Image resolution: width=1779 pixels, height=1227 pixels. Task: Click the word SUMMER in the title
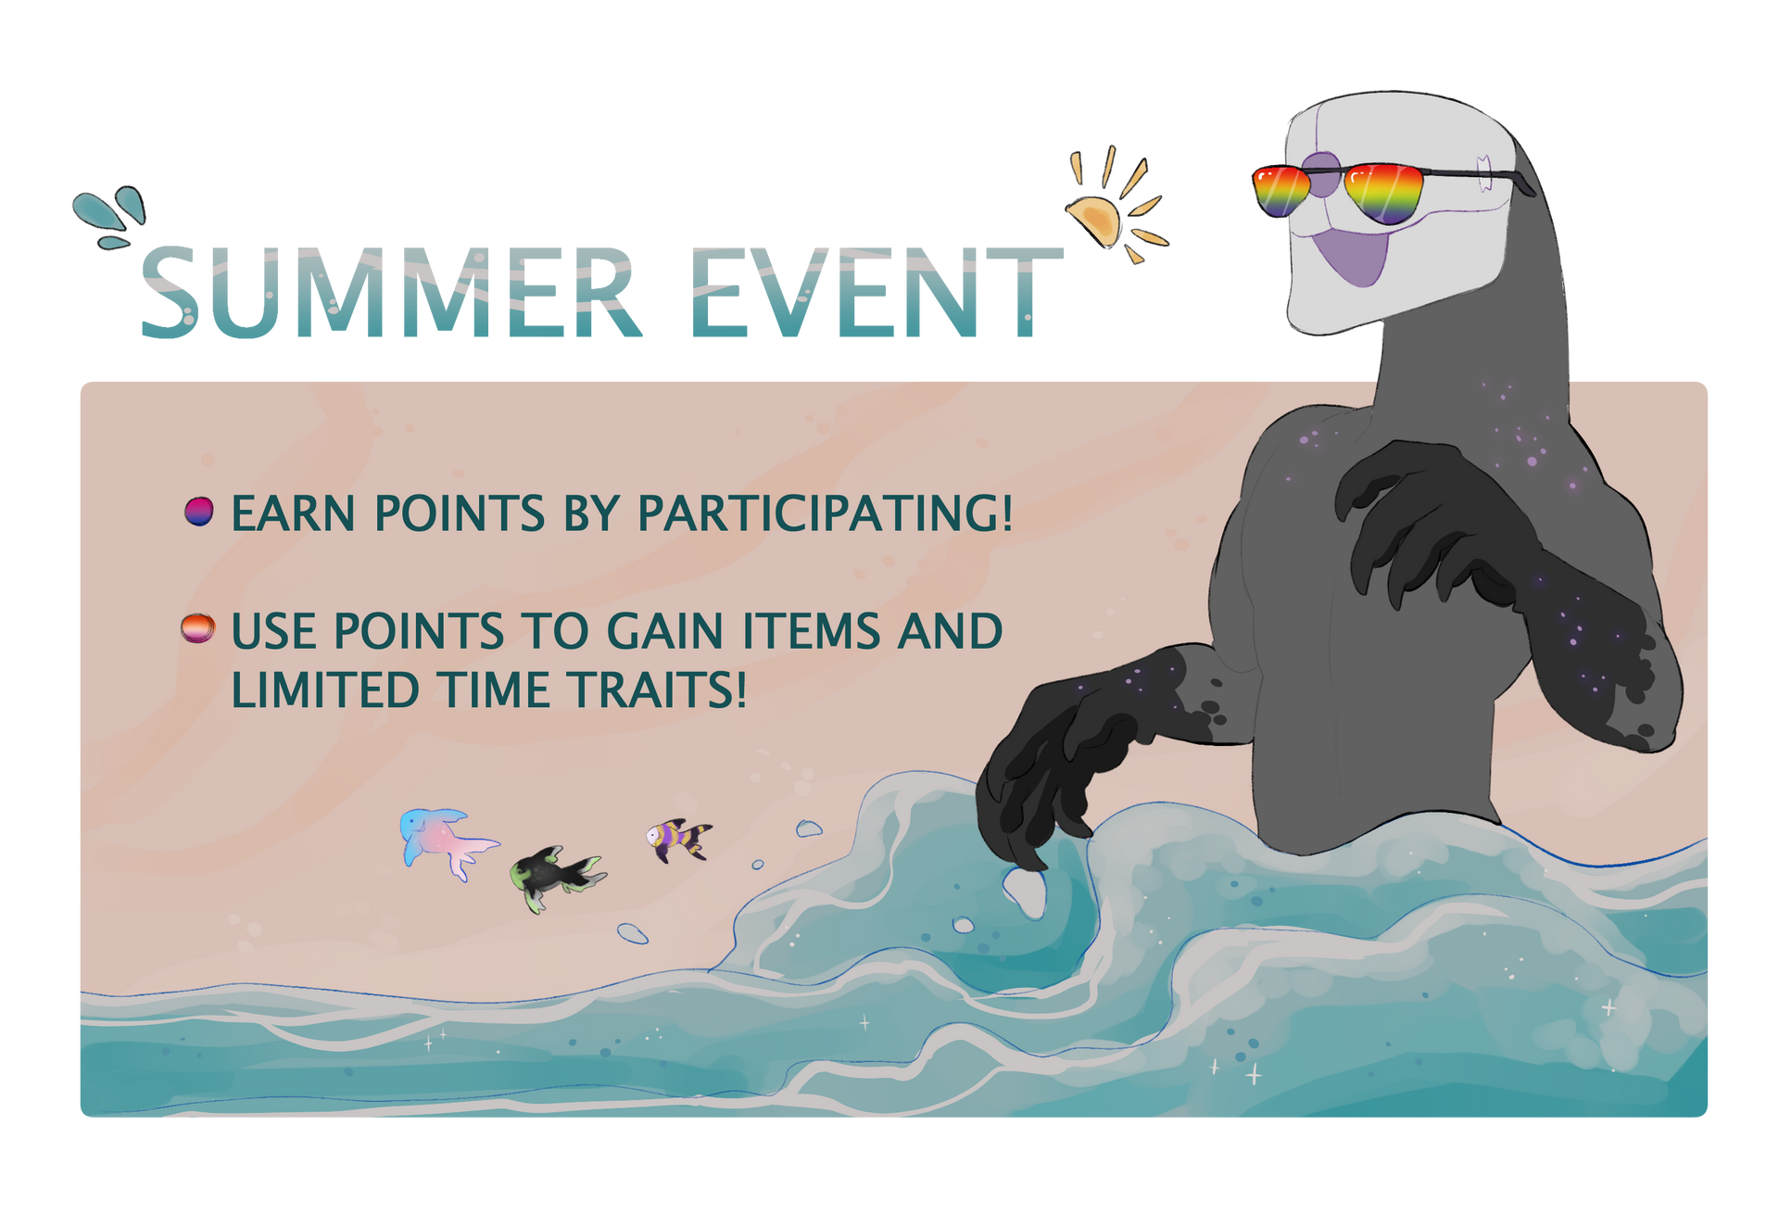click(x=390, y=293)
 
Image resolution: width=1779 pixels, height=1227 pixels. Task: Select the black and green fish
click(x=557, y=877)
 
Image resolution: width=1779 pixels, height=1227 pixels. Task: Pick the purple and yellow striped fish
click(x=679, y=840)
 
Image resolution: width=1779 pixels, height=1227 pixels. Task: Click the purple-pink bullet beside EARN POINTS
click(x=199, y=512)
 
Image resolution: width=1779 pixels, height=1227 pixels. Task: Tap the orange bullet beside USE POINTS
click(x=198, y=628)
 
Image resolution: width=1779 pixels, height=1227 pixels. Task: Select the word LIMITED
click(x=325, y=690)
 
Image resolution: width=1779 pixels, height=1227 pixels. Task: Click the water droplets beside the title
click(x=110, y=217)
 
